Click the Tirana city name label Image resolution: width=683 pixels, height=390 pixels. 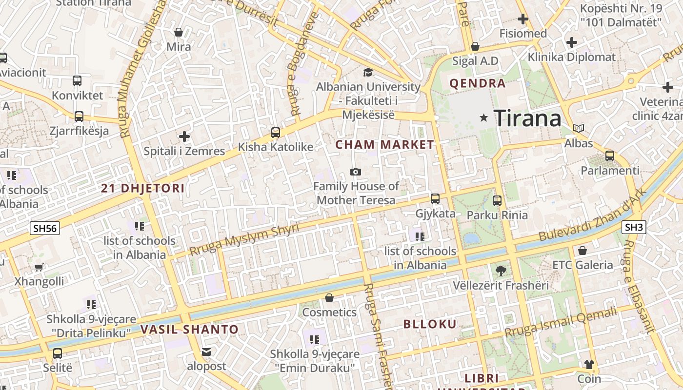click(527, 118)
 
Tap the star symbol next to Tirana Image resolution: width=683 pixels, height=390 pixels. click(484, 117)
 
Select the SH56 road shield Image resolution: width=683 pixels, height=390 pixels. click(44, 228)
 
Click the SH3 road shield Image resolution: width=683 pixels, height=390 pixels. click(634, 227)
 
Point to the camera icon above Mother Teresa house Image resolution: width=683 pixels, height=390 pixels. click(356, 172)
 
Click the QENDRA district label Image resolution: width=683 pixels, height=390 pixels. click(477, 83)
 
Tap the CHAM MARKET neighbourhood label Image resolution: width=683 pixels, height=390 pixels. click(385, 144)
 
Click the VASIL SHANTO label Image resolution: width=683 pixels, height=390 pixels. click(189, 330)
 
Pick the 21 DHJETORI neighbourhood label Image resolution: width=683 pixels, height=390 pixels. click(143, 188)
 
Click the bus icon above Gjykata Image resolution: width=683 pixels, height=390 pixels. click(435, 199)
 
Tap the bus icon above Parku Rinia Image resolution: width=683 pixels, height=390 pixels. click(497, 200)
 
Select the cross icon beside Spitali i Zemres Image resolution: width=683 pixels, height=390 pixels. click(184, 136)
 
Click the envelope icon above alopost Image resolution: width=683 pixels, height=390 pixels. click(206, 351)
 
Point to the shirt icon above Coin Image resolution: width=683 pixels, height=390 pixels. click(589, 364)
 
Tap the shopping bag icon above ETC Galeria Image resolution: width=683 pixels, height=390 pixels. click(582, 251)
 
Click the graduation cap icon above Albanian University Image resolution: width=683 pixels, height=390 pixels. click(368, 72)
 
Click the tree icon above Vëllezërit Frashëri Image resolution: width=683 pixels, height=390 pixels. click(501, 271)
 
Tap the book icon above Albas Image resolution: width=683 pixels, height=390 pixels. click(579, 129)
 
